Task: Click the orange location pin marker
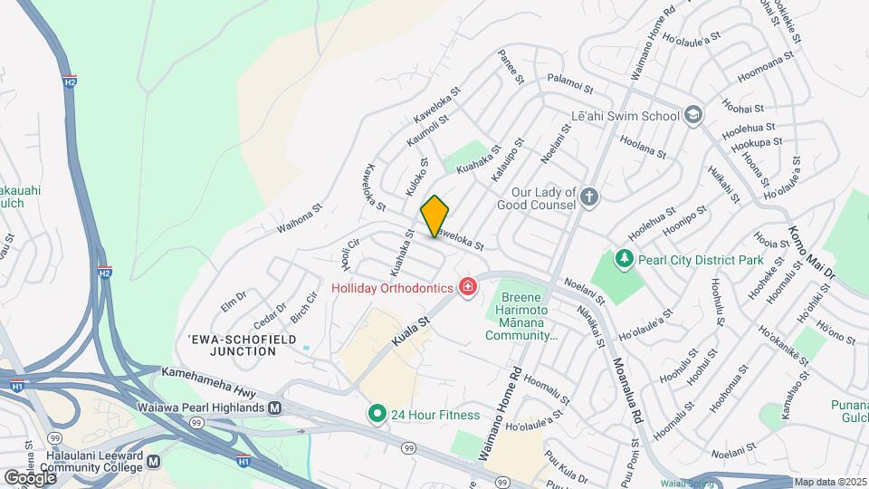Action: pyautogui.click(x=434, y=216)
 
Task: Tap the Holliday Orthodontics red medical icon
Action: pyautogui.click(x=468, y=288)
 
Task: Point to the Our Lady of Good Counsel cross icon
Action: pyautogui.click(x=589, y=197)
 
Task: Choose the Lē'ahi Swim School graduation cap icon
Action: pyautogui.click(x=693, y=115)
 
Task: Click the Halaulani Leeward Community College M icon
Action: pyautogui.click(x=154, y=461)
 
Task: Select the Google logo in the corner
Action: pyautogui.click(x=30, y=477)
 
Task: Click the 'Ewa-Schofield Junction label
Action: pyautogui.click(x=233, y=345)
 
